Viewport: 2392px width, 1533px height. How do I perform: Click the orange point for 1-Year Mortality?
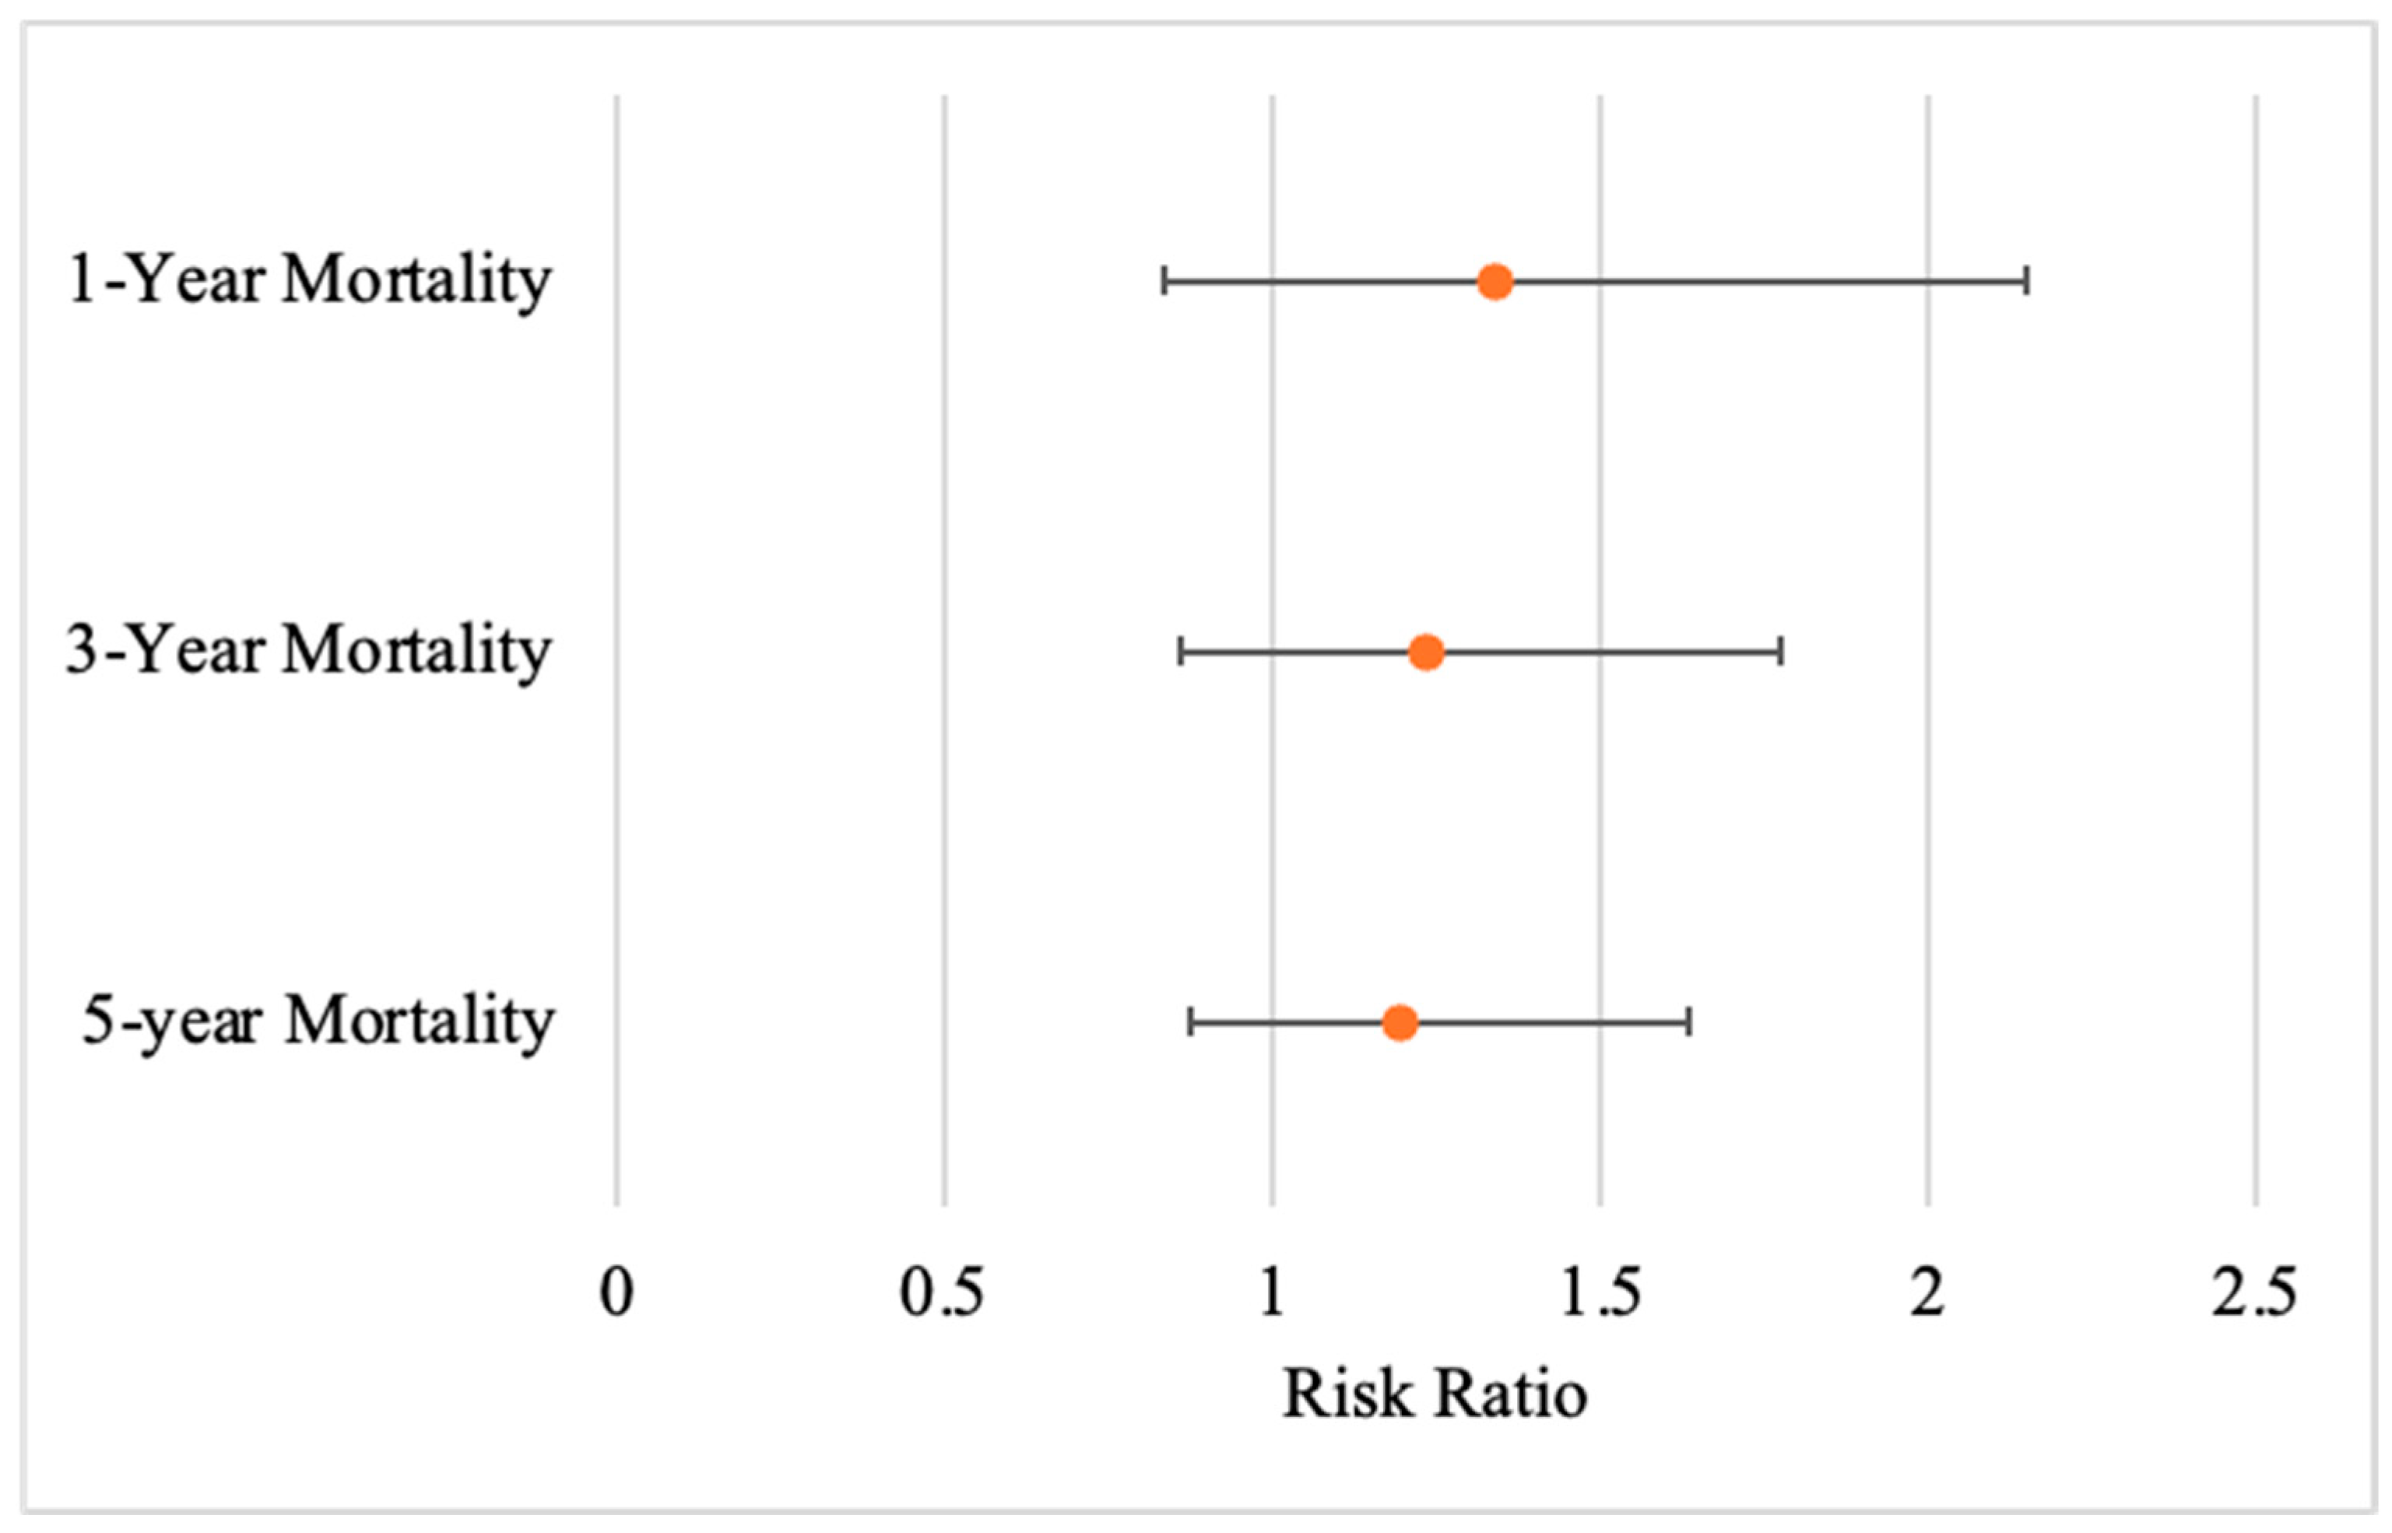(1495, 282)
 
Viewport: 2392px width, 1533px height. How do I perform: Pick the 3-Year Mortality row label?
(308, 652)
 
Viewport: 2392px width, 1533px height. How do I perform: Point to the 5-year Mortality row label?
(318, 1022)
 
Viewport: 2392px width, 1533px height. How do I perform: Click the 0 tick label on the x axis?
(617, 1293)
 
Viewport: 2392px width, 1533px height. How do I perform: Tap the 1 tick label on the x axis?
(1272, 1293)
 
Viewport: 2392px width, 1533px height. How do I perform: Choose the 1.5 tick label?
(1600, 1293)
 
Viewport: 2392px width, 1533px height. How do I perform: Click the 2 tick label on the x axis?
(1927, 1293)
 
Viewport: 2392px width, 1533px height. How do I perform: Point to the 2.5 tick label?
(2255, 1293)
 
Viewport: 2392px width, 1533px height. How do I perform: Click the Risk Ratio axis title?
(1435, 1394)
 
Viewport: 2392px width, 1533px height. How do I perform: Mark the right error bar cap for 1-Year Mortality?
(2027, 282)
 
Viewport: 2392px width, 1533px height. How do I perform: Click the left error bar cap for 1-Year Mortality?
(1163, 282)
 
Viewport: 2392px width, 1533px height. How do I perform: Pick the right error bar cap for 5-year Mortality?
(1688, 1022)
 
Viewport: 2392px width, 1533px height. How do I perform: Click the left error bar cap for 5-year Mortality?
(1190, 1022)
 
